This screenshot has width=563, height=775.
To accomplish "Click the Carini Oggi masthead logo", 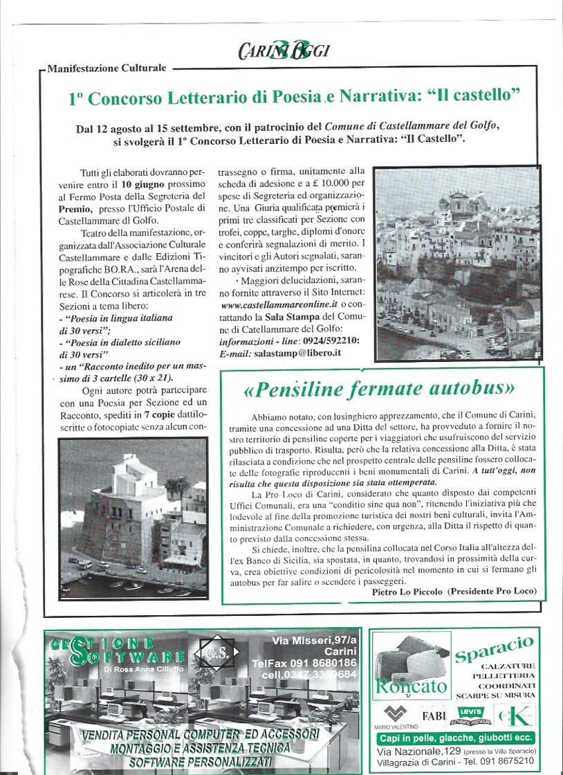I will [284, 51].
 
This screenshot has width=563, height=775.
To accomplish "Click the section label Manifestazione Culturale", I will [108, 69].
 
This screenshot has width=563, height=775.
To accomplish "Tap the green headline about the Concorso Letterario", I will [294, 98].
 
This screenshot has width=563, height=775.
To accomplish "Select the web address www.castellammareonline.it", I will [279, 304].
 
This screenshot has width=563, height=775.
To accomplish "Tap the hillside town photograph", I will [457, 254].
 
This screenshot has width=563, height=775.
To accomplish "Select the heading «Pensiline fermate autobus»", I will [379, 390].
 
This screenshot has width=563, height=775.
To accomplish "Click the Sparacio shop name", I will [494, 649].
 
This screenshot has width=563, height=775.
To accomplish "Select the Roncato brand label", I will [411, 686].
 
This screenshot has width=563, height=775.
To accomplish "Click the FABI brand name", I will [434, 715].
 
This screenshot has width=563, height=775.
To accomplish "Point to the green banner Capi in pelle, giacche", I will [455, 738].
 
